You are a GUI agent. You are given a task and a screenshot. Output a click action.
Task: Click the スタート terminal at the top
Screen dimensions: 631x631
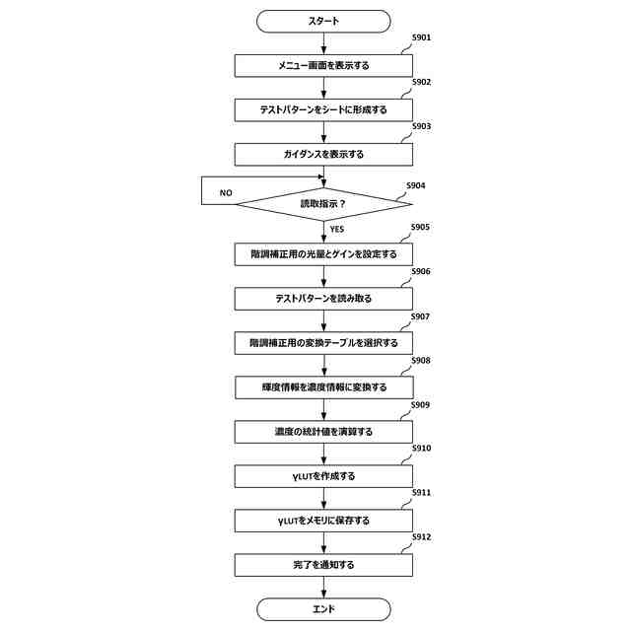[x=323, y=20]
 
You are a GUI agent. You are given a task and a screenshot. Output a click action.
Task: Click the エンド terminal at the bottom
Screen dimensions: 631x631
[x=323, y=609]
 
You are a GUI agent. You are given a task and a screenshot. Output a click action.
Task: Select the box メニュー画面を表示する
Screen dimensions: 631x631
[x=323, y=65]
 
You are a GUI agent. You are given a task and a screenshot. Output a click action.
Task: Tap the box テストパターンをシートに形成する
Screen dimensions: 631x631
[x=323, y=109]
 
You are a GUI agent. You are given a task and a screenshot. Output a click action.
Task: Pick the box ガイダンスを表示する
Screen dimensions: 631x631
[x=323, y=155]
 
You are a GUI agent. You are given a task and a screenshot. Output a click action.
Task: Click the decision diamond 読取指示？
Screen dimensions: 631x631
[x=323, y=203]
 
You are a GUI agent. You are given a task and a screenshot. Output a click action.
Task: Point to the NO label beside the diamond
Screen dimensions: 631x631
[x=226, y=193]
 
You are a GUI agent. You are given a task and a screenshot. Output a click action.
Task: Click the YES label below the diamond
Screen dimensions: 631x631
[x=337, y=229]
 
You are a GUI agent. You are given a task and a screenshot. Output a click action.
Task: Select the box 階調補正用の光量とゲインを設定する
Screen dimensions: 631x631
[x=323, y=253]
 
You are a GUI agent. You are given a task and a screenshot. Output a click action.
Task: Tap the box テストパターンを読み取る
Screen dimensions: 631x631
[x=323, y=298]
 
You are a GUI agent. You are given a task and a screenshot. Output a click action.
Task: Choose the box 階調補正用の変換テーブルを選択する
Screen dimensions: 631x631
[x=323, y=343]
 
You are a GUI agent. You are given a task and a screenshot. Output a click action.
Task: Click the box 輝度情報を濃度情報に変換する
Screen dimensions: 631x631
[x=323, y=387]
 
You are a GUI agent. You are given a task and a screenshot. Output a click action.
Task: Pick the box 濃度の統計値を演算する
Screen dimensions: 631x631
[x=323, y=432]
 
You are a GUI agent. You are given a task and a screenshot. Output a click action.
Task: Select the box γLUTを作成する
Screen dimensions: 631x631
[x=323, y=476]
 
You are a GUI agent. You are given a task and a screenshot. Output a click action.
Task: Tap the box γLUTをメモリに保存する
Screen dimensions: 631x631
[x=323, y=521]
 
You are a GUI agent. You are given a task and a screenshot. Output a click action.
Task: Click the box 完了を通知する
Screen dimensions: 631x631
[x=323, y=565]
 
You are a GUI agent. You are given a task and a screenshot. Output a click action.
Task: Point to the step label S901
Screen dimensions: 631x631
[x=421, y=37]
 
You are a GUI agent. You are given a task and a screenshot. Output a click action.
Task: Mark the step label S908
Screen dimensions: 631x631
[x=421, y=361]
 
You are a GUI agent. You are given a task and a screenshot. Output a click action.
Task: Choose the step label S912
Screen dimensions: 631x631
[x=421, y=537]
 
